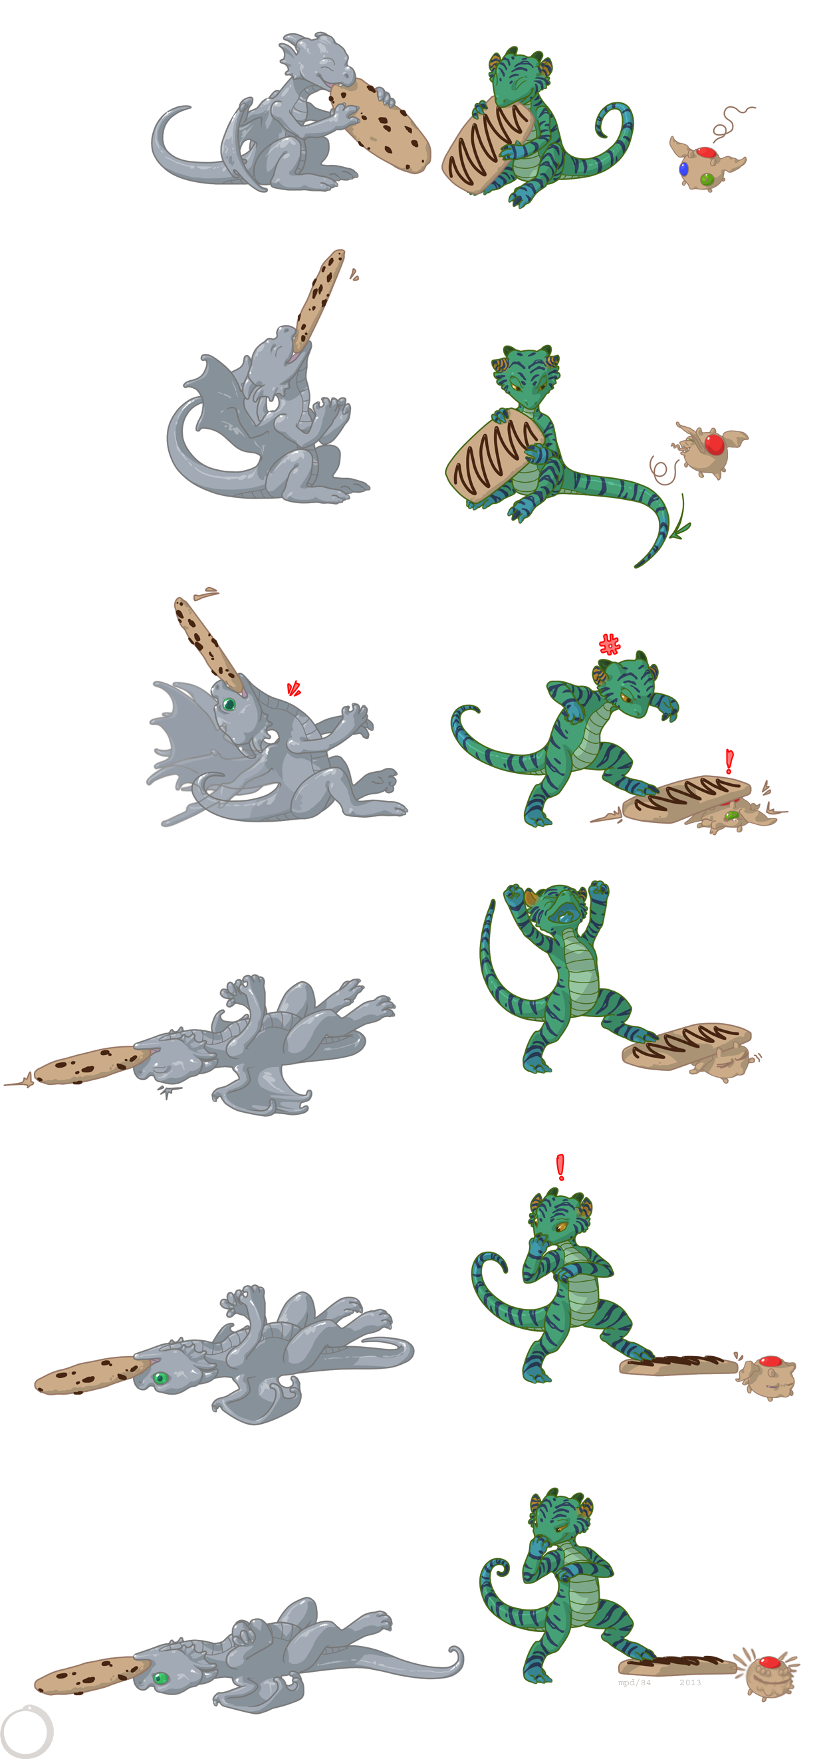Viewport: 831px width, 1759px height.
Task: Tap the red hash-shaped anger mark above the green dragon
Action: pyautogui.click(x=609, y=644)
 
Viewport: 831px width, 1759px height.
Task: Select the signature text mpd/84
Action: pyautogui.click(x=634, y=1683)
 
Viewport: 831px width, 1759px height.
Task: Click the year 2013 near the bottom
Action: pyautogui.click(x=689, y=1683)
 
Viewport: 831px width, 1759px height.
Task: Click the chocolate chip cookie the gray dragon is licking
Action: pyautogui.click(x=381, y=124)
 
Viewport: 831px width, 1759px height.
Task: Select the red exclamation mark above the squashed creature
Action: pyautogui.click(x=729, y=761)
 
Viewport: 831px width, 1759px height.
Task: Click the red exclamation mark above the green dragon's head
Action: pyautogui.click(x=560, y=1167)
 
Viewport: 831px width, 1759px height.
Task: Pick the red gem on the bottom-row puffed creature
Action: pyautogui.click(x=770, y=1661)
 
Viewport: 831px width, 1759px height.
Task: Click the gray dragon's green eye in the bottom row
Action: pyautogui.click(x=160, y=1679)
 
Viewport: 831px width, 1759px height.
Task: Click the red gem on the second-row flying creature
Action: pyautogui.click(x=714, y=444)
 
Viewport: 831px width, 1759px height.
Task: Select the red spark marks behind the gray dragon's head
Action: pyautogui.click(x=294, y=688)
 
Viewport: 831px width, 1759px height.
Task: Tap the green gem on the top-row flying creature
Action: pyautogui.click(x=707, y=179)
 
